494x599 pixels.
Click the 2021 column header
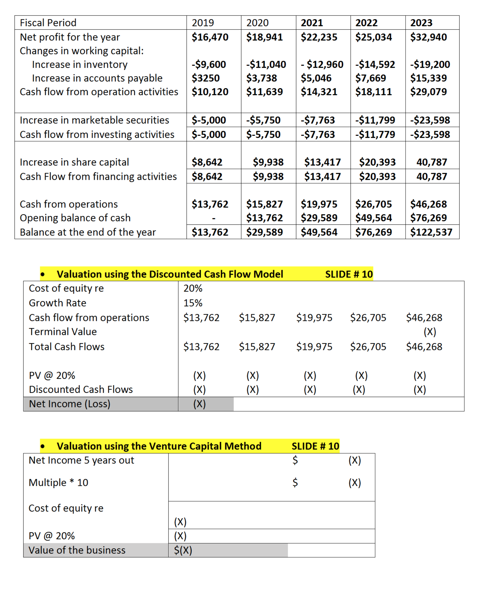point(312,23)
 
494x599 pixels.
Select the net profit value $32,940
point(428,37)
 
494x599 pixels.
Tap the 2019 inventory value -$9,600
point(209,64)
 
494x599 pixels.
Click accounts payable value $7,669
point(370,78)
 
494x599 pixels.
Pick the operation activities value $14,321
point(319,92)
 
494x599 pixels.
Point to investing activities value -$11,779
point(375,134)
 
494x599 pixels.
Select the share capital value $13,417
point(322,162)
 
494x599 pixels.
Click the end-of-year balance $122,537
point(431,232)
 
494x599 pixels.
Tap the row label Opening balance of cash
point(75,218)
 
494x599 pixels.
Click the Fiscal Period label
point(48,23)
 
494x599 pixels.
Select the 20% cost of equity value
point(193,288)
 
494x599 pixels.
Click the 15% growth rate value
point(193,303)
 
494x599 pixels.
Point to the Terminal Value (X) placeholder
point(429,332)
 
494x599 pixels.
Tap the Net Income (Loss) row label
point(69,404)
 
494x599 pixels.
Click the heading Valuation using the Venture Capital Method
point(159,446)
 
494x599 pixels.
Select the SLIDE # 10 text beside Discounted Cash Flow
point(349,274)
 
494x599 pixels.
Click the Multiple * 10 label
point(58,482)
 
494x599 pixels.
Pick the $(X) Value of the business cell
point(183,550)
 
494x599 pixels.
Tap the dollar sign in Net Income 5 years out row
point(295,460)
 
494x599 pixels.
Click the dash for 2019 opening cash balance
point(213,218)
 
